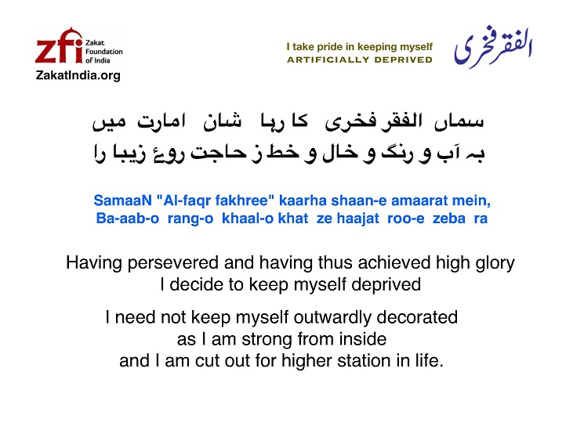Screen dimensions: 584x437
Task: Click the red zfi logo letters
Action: (59, 45)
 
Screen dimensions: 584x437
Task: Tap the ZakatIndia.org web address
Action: (78, 75)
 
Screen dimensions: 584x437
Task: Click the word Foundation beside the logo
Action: (104, 52)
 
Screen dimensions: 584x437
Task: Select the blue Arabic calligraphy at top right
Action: (493, 47)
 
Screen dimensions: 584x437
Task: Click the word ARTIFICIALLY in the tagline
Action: (328, 60)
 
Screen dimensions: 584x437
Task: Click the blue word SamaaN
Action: (122, 200)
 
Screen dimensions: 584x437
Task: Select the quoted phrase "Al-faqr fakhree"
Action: (216, 200)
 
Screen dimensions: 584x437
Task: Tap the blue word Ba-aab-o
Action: (128, 218)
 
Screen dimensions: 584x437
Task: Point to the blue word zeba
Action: (449, 218)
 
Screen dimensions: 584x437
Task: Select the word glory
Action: (495, 263)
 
